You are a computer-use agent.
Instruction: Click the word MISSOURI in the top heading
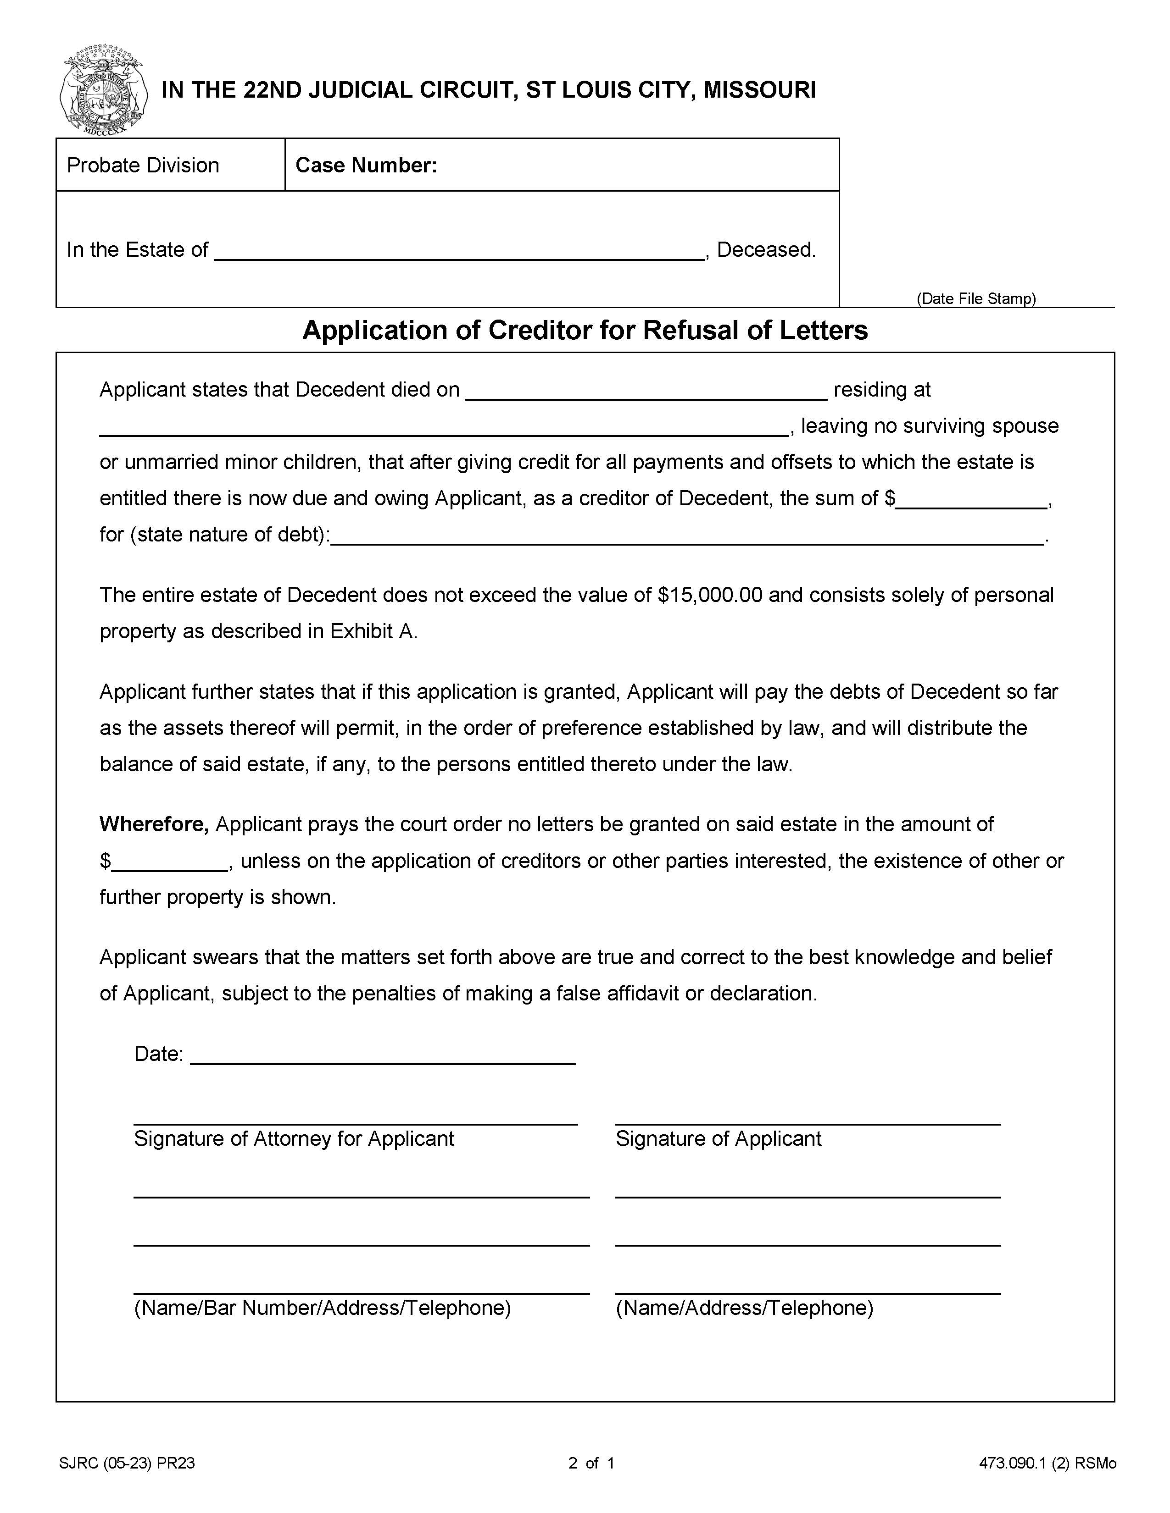[760, 90]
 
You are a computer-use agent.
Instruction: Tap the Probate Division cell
[143, 165]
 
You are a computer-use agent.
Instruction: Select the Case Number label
[366, 165]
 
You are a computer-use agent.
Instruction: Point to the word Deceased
[765, 249]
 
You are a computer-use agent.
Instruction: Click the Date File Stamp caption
[976, 298]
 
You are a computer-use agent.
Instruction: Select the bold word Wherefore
[154, 824]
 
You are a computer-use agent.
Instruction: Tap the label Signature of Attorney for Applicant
[294, 1139]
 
